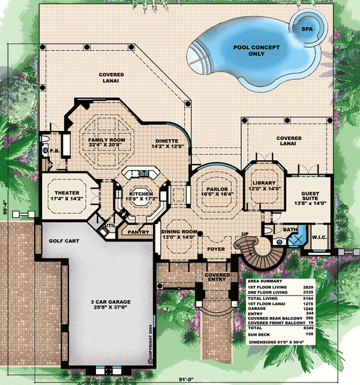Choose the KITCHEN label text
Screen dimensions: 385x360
[142, 197]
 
